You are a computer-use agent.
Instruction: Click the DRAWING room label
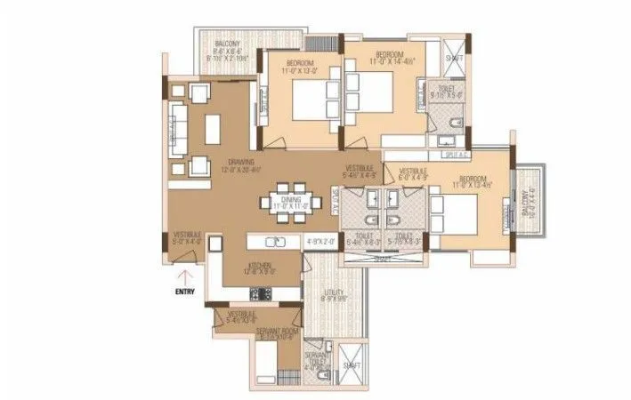[241, 162]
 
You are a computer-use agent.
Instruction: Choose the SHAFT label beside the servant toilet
[352, 365]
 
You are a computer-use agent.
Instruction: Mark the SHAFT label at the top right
[452, 58]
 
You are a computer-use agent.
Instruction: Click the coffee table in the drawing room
[212, 129]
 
